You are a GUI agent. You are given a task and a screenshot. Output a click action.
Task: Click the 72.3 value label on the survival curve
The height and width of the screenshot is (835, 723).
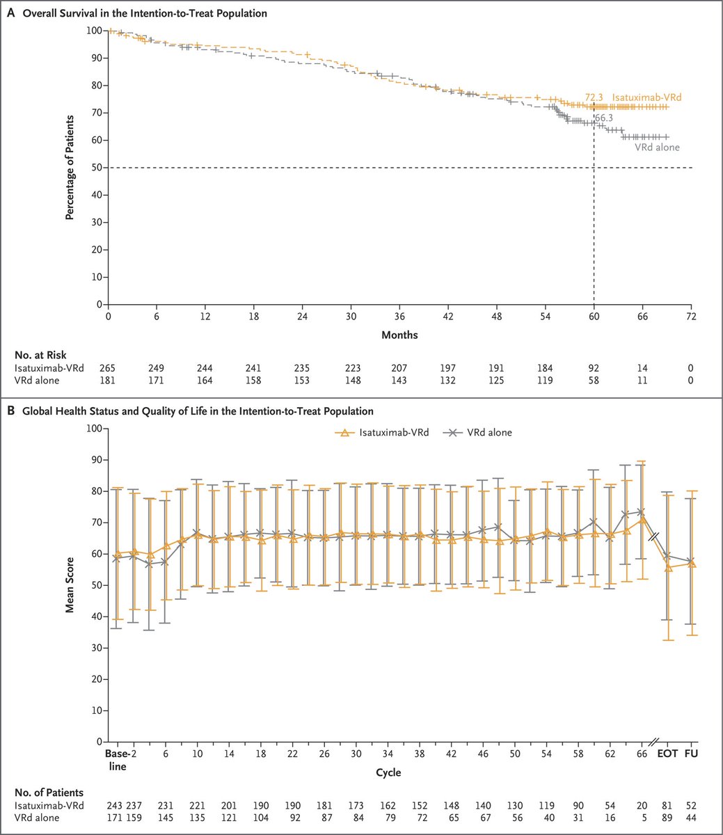593,98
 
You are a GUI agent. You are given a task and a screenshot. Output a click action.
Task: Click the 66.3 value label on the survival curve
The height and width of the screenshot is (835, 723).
603,118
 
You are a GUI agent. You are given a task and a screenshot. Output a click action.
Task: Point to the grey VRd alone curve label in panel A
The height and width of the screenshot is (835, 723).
657,148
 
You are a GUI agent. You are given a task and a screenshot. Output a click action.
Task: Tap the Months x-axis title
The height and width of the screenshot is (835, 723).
399,335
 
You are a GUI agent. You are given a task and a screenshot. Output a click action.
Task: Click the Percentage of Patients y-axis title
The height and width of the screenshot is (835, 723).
70,168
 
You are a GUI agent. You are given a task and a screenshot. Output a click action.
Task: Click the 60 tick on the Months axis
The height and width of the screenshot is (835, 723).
594,315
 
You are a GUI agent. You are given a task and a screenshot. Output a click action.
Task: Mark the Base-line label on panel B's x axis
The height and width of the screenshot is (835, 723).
117,759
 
